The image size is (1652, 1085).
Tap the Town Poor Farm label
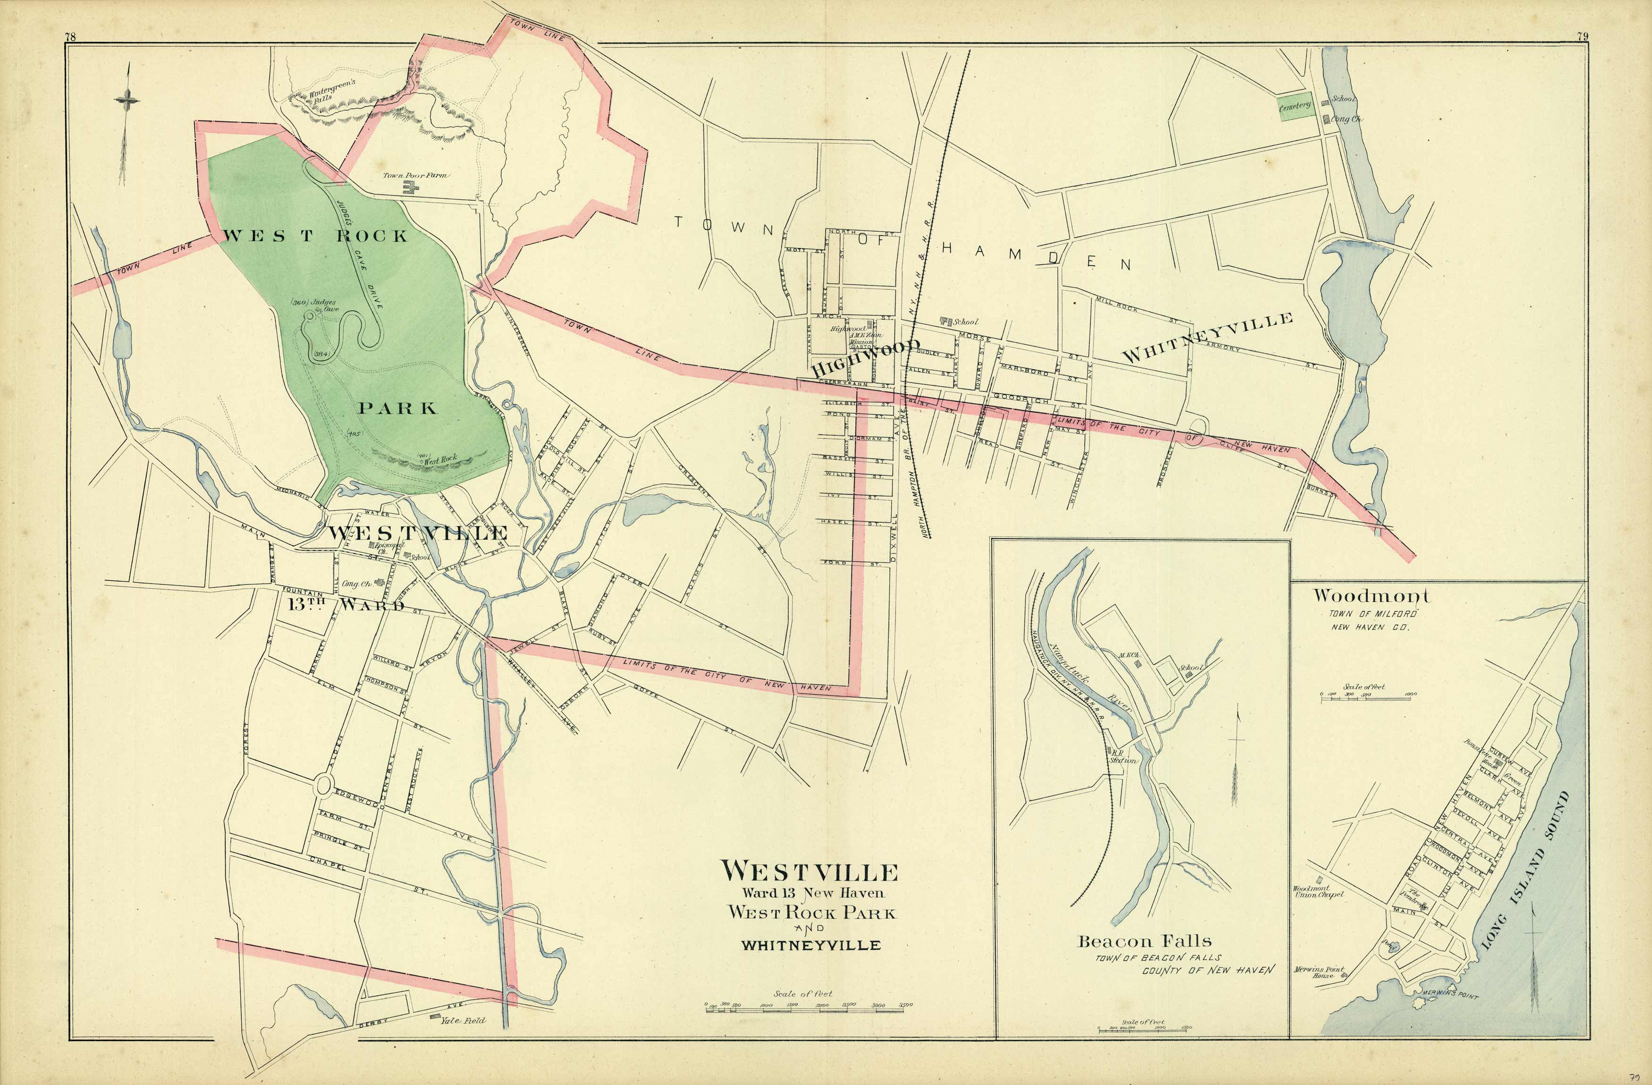pos(415,176)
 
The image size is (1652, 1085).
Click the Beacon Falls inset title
pos(1144,942)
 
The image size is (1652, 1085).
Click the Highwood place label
pos(864,356)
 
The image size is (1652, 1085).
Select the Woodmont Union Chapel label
pos(1318,891)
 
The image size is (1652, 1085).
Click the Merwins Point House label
pos(1319,972)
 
